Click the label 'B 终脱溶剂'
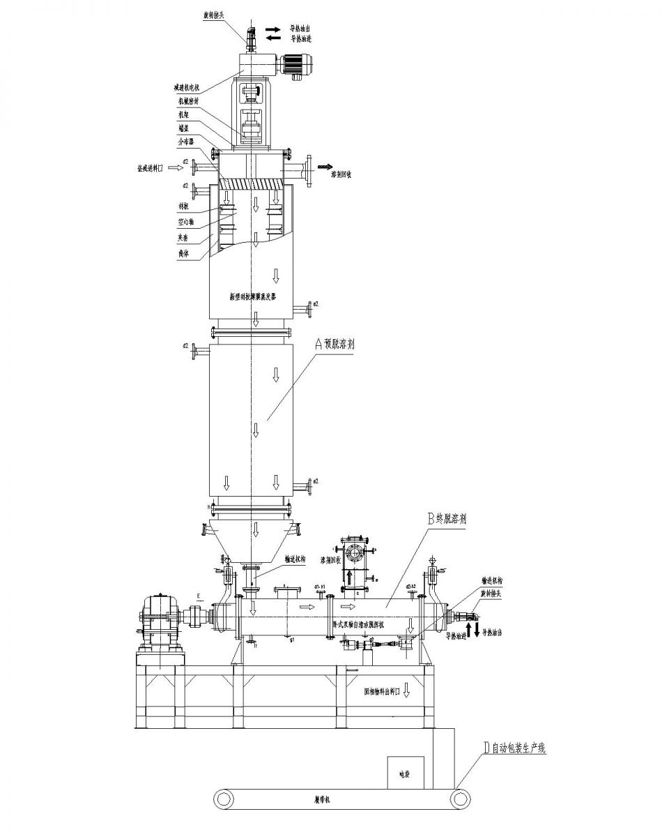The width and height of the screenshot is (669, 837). tap(449, 518)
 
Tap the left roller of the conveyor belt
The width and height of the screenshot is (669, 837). tap(223, 797)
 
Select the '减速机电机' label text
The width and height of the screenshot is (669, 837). tap(187, 88)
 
